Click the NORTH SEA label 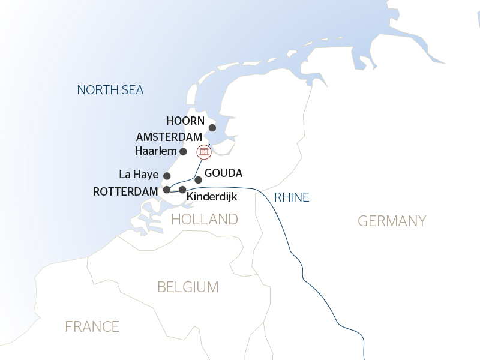(x=110, y=90)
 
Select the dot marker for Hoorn (x=212, y=128)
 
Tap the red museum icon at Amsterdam (x=204, y=152)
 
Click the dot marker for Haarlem (x=184, y=151)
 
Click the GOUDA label (x=223, y=173)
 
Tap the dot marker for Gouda (x=198, y=179)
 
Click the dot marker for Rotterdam (x=166, y=190)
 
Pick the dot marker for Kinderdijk (x=182, y=190)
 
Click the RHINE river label (x=291, y=197)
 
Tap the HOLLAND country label (x=205, y=219)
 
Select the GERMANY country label (x=392, y=221)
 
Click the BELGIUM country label (x=188, y=287)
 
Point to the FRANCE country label (x=92, y=326)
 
